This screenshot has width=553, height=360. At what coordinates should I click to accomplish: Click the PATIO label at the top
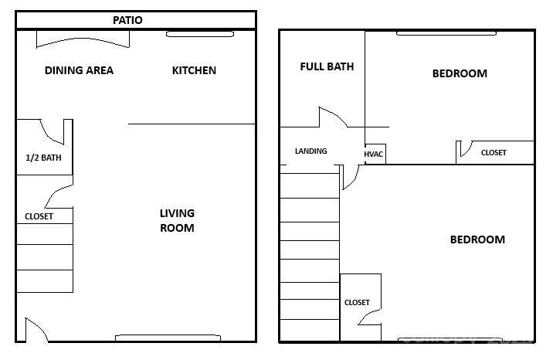pos(127,20)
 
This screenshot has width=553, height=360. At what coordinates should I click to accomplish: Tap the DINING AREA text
pos(79,70)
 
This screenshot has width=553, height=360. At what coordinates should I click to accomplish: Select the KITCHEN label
pos(194,70)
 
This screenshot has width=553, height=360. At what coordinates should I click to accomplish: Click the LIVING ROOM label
pos(177,220)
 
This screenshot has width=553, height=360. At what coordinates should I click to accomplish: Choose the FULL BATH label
pos(327,66)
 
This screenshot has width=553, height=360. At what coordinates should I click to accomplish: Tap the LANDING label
pos(310,151)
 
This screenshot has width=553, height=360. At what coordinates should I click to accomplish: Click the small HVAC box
pos(374,154)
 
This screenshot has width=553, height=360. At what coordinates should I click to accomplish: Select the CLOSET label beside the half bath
pos(39,216)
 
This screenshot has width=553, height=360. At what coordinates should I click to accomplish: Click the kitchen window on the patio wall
pos(200,34)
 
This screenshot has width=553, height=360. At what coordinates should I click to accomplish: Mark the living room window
pos(168,338)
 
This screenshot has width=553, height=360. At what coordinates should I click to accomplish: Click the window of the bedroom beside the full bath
pos(446,32)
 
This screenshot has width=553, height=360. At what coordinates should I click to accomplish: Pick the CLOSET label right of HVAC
pos(494,153)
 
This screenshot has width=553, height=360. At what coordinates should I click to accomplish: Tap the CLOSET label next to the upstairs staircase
pos(357,303)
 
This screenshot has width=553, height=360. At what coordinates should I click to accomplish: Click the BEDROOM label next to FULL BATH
pos(460,73)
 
